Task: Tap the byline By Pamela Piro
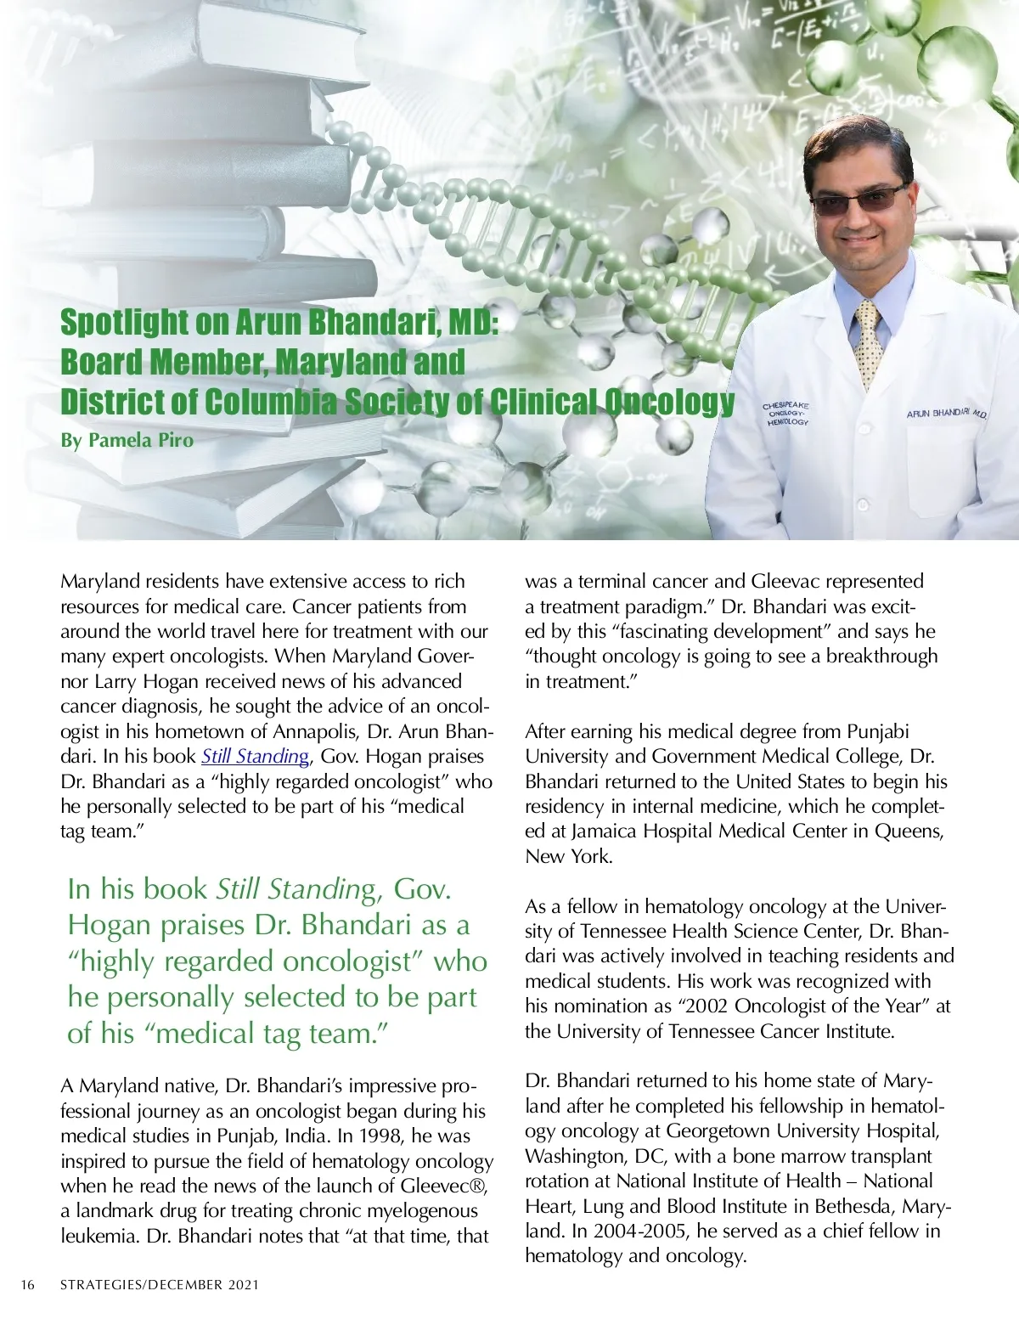(127, 440)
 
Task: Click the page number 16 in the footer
(28, 1285)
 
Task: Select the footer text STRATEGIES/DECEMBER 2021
(159, 1285)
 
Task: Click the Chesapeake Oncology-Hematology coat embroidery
(786, 414)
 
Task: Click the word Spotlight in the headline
(124, 322)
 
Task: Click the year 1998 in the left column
(381, 1136)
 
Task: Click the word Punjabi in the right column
(877, 731)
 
